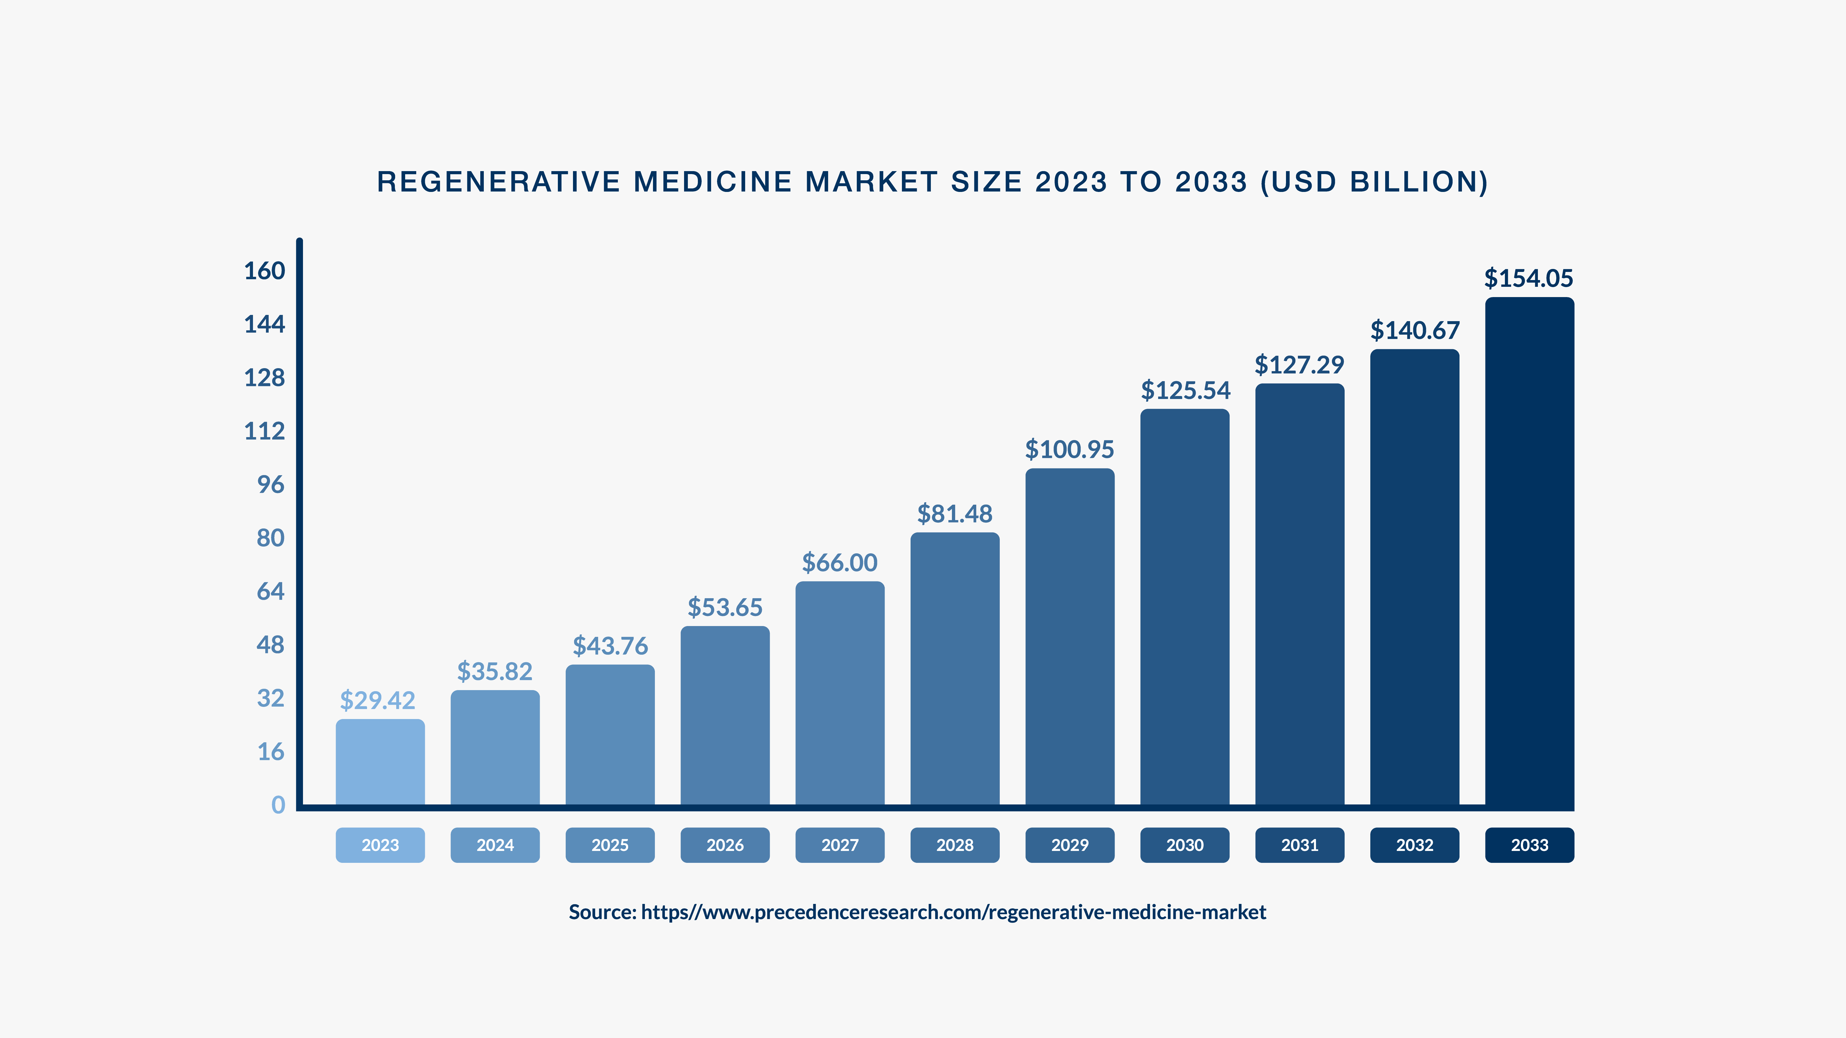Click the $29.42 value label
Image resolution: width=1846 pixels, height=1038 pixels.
(x=378, y=700)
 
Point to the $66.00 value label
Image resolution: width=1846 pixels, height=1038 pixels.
(x=839, y=563)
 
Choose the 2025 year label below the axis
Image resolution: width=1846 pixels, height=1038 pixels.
(x=610, y=845)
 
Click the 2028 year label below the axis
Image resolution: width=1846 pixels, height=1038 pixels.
(x=955, y=845)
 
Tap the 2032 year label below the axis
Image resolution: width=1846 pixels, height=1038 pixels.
(x=1415, y=845)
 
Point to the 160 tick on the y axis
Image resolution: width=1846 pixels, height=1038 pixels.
(x=264, y=271)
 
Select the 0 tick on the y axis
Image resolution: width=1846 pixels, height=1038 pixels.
(x=278, y=805)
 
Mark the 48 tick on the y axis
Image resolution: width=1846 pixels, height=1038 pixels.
(x=271, y=645)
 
